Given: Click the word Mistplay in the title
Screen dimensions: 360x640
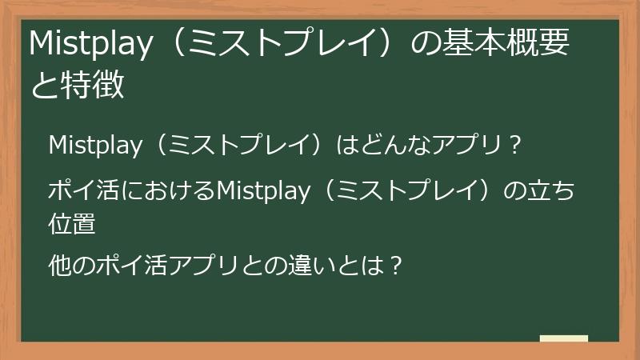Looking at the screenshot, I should point(90,46).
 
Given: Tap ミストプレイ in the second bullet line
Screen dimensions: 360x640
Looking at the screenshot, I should point(409,192).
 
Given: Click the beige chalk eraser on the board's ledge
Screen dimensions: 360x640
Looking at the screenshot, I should point(564,338).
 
